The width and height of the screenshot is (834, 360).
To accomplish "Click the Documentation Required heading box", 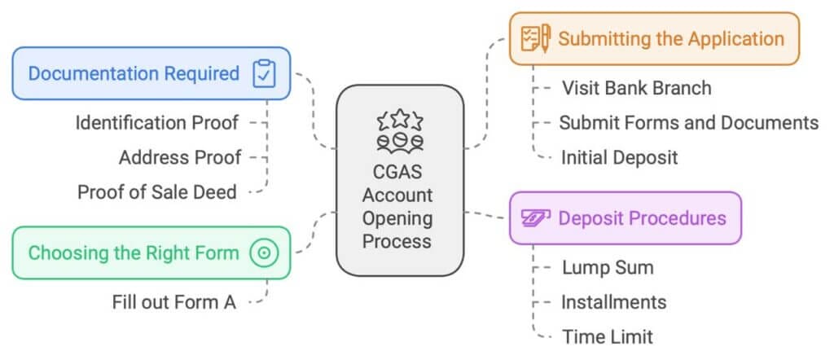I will coord(151,73).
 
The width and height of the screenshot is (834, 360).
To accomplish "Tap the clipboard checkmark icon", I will coord(265,73).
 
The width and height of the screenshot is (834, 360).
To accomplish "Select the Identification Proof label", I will coord(157,122).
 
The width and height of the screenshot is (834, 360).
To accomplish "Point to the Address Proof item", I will coord(180,157).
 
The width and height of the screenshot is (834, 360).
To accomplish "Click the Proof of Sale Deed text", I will coord(157,192).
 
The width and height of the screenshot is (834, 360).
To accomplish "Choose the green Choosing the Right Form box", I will coord(151,252).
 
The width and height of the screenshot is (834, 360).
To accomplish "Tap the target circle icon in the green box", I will coord(264,252).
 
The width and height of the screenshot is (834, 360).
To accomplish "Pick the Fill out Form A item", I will coord(174,302).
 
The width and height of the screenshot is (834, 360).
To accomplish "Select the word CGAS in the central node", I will coord(399,173).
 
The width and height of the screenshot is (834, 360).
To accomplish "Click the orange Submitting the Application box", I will coord(654,38).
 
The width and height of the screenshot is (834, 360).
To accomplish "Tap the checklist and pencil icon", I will coord(535,38).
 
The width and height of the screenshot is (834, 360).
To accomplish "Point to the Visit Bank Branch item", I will coord(636,88).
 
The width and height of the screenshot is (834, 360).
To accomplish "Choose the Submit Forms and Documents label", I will coord(688,123).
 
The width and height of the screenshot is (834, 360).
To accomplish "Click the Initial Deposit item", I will coord(619,157).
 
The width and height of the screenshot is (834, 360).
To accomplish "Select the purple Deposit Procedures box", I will coord(625,218).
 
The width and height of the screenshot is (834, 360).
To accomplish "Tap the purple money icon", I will coord(535,218).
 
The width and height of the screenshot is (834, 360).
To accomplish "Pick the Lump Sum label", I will coord(607,267).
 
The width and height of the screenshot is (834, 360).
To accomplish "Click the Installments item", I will coord(613,302).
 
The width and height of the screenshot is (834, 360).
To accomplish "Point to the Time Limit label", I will coord(607,336).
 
